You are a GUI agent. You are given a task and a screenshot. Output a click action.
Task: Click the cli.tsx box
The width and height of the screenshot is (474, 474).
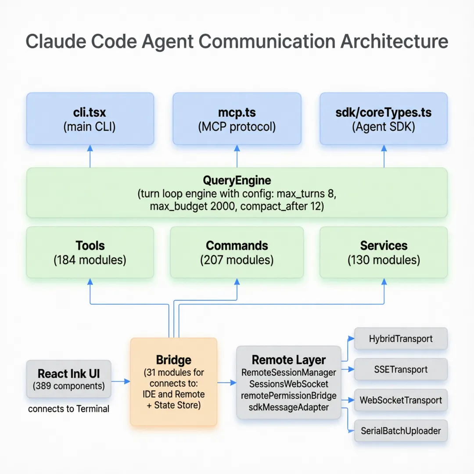click(x=90, y=119)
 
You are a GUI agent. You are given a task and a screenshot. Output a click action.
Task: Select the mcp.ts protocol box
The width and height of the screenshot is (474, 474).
click(x=237, y=119)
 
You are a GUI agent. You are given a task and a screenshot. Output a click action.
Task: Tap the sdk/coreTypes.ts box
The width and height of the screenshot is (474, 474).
click(x=384, y=119)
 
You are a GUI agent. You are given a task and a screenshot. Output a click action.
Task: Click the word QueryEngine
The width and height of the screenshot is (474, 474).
click(x=237, y=180)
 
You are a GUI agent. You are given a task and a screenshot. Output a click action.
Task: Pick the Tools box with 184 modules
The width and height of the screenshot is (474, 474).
click(x=90, y=252)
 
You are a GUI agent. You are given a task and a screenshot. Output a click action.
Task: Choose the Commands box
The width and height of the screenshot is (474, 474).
click(x=237, y=252)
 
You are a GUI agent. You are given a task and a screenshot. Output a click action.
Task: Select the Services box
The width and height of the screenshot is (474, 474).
click(x=384, y=252)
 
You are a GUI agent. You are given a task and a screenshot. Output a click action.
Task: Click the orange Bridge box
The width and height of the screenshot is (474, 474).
click(x=174, y=382)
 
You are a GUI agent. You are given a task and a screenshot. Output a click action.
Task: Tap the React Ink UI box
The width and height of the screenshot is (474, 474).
click(x=68, y=380)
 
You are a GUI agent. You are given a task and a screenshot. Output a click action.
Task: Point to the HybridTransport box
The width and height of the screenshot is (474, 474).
click(x=401, y=338)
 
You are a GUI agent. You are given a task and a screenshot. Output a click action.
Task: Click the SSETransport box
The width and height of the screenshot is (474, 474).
click(x=401, y=369)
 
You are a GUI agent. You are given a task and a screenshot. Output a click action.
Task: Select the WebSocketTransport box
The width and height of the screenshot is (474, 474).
click(x=401, y=400)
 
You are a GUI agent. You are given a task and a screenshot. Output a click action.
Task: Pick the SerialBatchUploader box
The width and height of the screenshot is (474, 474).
click(x=401, y=431)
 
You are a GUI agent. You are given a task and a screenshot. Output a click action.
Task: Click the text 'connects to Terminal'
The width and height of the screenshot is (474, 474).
click(x=68, y=409)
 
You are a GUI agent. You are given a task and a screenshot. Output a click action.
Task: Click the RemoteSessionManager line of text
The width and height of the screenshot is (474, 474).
click(x=289, y=373)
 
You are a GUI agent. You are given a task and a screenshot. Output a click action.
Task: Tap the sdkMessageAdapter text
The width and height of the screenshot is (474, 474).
click(x=289, y=407)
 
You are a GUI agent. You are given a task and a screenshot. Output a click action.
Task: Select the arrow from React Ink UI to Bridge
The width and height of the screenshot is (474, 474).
click(x=121, y=381)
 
